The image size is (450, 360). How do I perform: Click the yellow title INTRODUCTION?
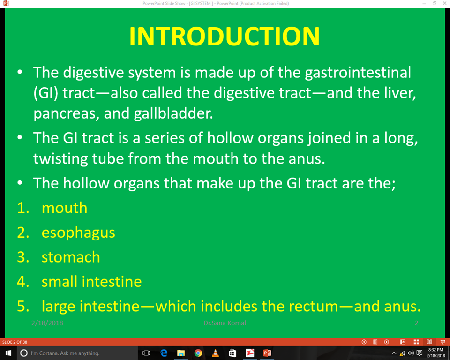coord(224,36)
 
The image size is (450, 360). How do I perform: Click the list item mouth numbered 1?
coord(64,207)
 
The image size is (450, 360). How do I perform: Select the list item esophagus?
coord(78,232)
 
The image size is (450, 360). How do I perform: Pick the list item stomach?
coord(71,257)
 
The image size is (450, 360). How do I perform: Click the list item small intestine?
coord(91,281)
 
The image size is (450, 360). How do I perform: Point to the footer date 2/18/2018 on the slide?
coord(47,323)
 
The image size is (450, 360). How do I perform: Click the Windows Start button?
coord(8,353)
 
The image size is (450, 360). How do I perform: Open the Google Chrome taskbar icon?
coord(198,353)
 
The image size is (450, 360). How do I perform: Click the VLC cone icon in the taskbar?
coord(215,353)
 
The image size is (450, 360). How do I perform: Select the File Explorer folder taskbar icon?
coord(181,353)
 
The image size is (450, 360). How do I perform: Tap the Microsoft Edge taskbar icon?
coord(164,353)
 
